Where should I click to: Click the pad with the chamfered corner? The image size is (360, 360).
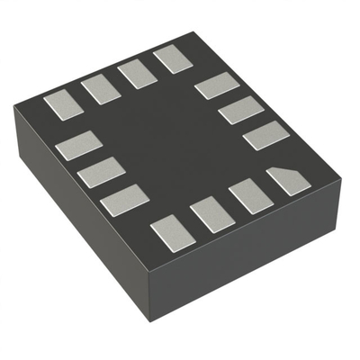[x=284, y=182]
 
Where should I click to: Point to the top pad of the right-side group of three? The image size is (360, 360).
[x=217, y=86]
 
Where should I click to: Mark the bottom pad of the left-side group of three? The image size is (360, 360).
[x=124, y=200]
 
